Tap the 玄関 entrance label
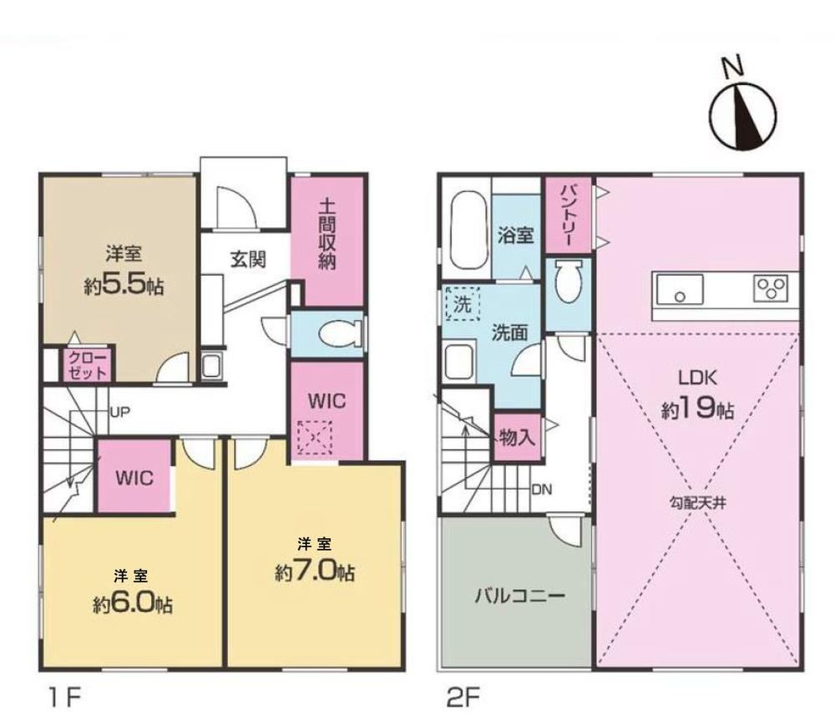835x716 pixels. click(248, 260)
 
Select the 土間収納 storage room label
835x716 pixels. click(327, 234)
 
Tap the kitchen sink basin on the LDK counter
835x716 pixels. click(680, 290)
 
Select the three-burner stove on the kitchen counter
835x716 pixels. click(771, 289)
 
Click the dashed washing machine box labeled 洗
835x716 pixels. click(463, 303)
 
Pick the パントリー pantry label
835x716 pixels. click(568, 216)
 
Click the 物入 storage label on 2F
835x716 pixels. click(517, 438)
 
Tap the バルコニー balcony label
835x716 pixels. click(519, 595)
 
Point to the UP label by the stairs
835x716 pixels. click(119, 412)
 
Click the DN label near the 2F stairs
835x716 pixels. click(542, 489)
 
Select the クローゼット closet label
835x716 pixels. click(88, 364)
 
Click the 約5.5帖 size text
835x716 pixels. click(124, 286)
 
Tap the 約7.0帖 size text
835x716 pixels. click(315, 572)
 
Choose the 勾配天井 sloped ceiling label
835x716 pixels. click(697, 503)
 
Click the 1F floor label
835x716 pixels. click(64, 698)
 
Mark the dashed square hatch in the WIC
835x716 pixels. click(315, 438)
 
